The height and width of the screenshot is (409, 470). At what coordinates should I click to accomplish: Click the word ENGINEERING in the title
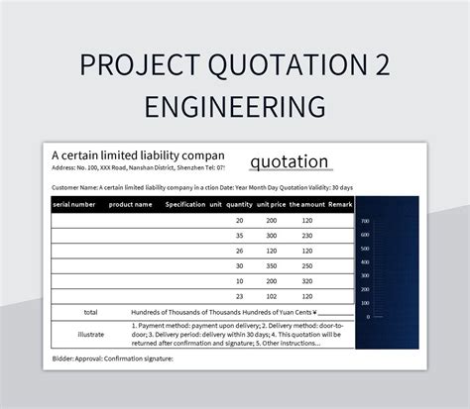(x=235, y=105)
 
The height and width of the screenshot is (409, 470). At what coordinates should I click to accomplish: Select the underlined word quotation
(x=289, y=161)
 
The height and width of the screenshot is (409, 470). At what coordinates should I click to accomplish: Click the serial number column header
(x=74, y=204)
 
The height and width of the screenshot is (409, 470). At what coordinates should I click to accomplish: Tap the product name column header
(x=130, y=204)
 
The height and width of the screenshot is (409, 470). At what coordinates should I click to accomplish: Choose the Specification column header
(x=185, y=204)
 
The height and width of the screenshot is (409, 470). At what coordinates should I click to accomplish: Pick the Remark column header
(x=340, y=204)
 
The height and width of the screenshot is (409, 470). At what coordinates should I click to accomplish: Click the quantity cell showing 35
(x=239, y=236)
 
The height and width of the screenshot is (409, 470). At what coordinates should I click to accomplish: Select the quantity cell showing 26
(x=239, y=251)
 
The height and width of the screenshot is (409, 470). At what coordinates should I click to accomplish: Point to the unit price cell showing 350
(x=271, y=265)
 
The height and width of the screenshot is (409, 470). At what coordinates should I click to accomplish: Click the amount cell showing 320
(x=306, y=280)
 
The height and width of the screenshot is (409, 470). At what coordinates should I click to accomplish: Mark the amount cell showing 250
(x=306, y=265)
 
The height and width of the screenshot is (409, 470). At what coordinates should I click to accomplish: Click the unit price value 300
(x=271, y=236)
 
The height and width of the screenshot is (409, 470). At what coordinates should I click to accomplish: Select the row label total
(x=90, y=312)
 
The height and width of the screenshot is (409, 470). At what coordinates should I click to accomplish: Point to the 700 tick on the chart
(x=365, y=221)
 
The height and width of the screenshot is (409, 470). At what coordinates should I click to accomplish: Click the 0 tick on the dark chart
(x=367, y=317)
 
